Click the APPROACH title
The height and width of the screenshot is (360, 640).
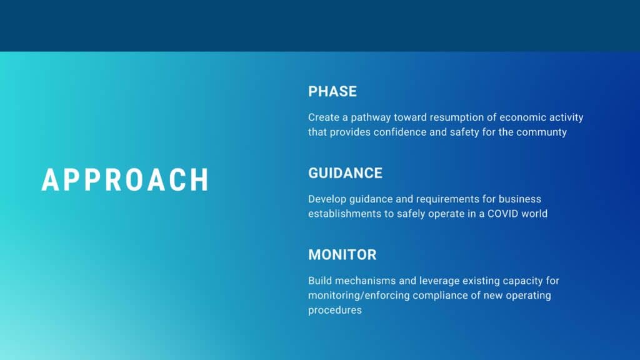click(x=125, y=179)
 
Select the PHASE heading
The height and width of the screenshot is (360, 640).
click(x=332, y=91)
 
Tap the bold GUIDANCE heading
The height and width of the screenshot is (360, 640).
click(x=345, y=173)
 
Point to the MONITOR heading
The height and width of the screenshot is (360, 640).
click(x=342, y=255)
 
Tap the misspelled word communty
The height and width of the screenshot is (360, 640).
click(x=541, y=132)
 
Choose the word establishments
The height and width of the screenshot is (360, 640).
click(x=344, y=214)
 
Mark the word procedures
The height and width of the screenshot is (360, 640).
click(x=335, y=311)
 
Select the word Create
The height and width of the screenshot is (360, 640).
click(x=324, y=117)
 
